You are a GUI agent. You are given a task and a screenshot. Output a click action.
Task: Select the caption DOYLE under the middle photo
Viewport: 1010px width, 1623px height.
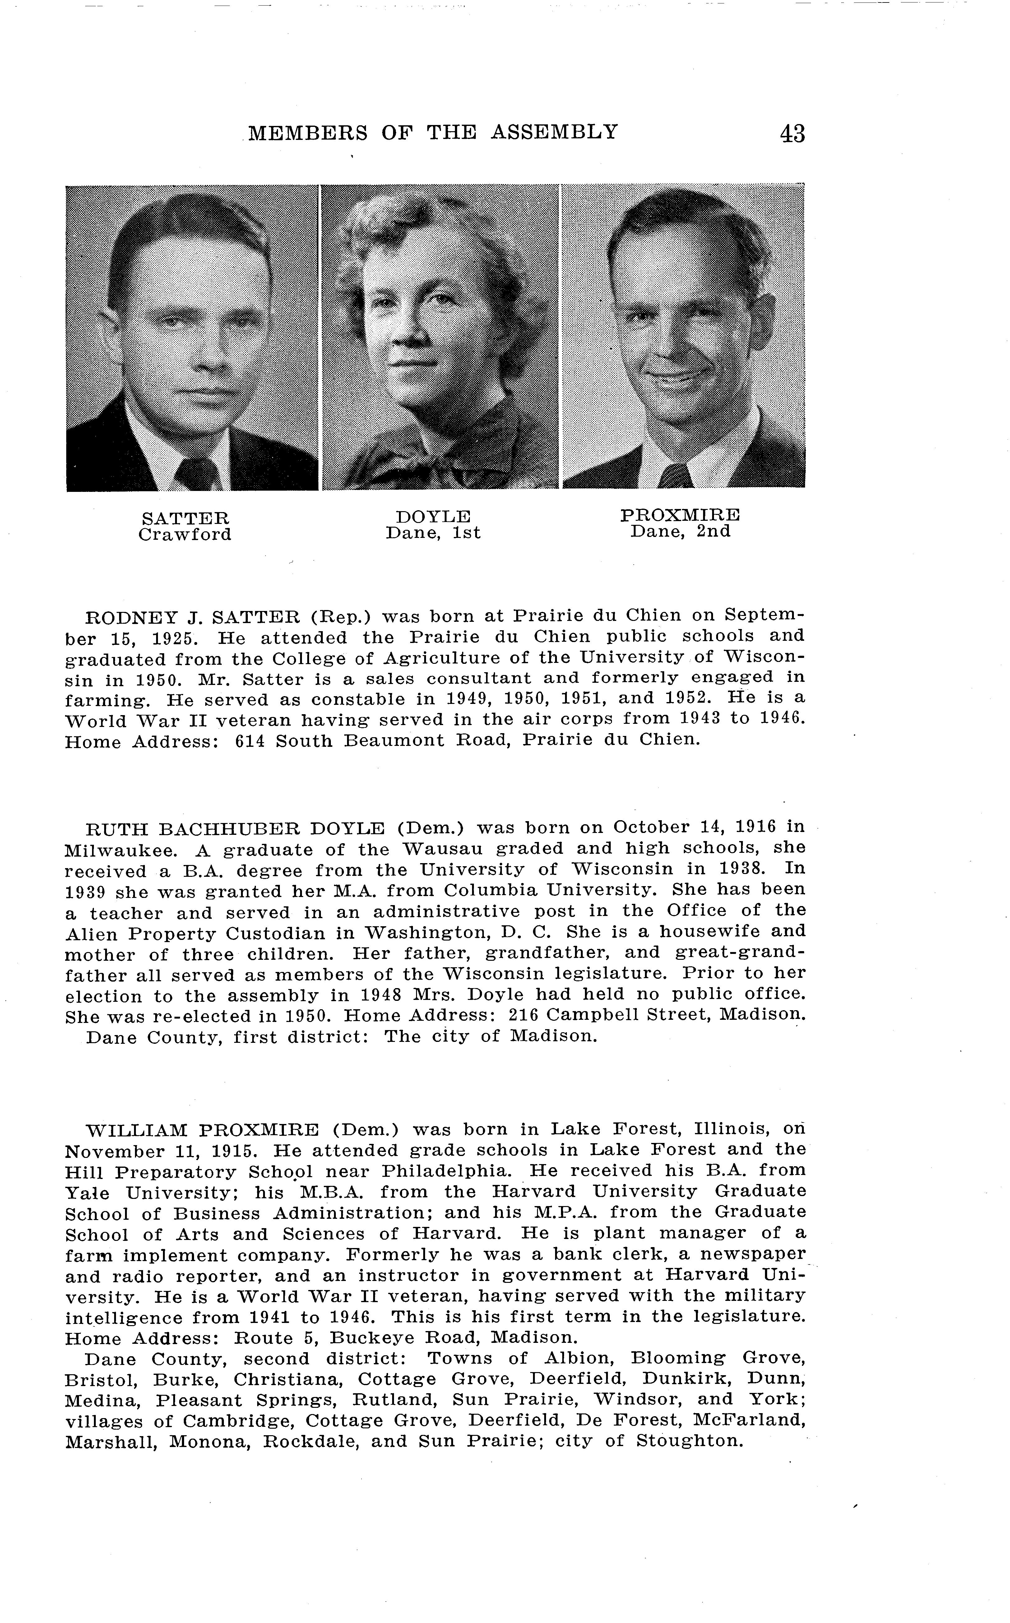coord(433,516)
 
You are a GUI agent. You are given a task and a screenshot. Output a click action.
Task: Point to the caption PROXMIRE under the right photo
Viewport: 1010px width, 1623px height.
coord(680,515)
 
